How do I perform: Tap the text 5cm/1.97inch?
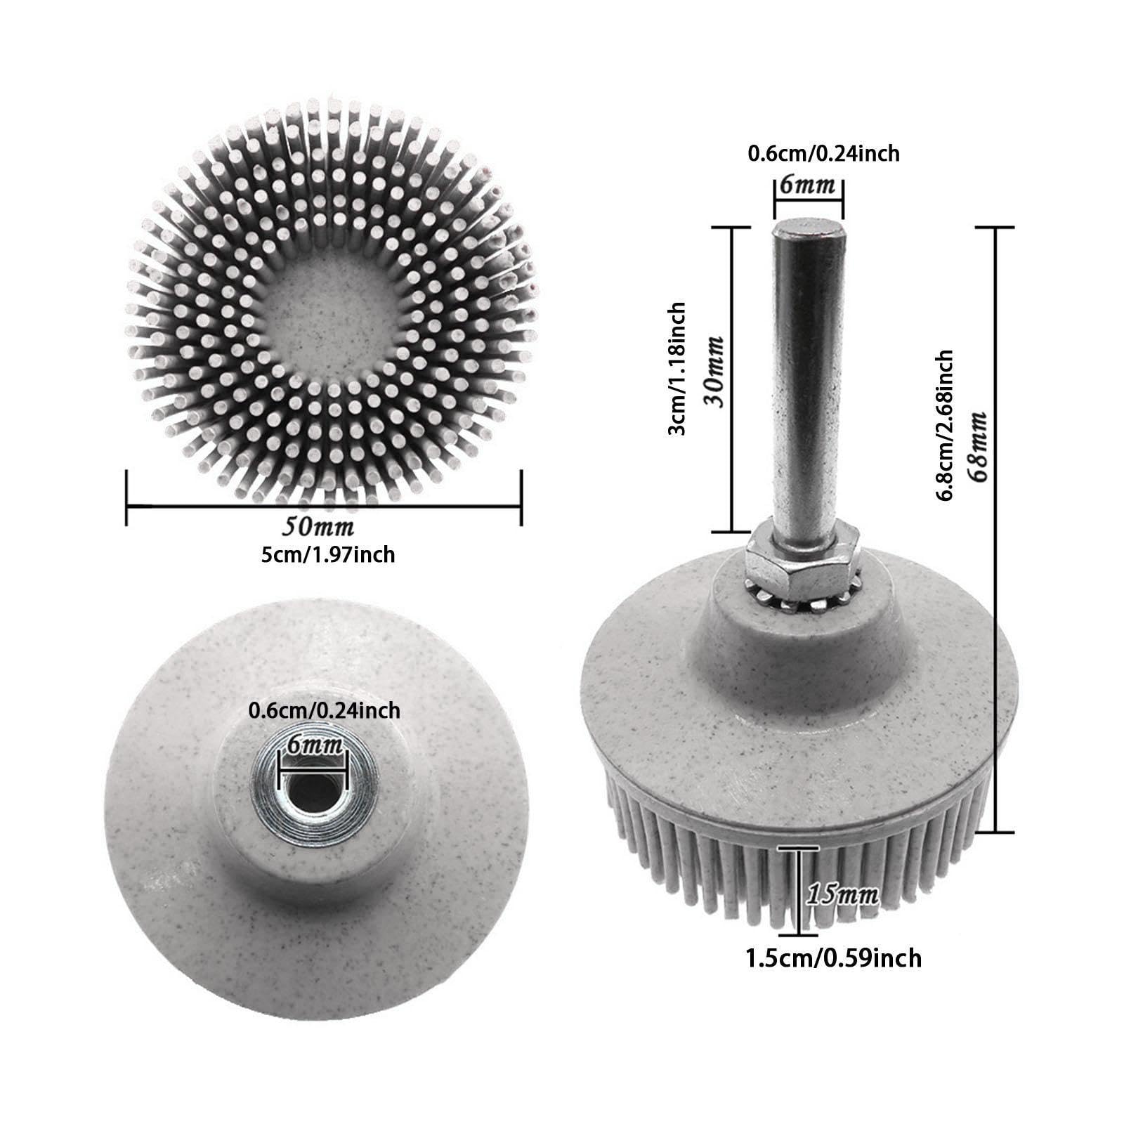point(327,555)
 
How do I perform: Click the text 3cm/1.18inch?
point(677,368)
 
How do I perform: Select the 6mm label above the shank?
point(808,186)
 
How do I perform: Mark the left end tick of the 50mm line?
point(126,497)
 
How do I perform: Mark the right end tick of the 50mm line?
point(521,497)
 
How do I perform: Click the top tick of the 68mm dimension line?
point(996,227)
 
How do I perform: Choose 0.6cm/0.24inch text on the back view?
point(325,711)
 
